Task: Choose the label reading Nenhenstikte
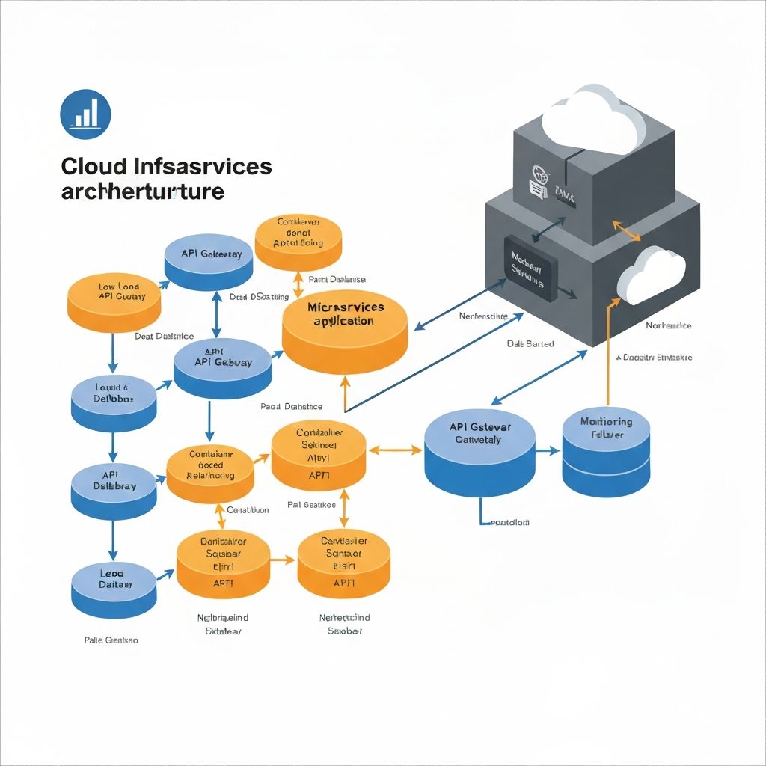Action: [x=483, y=316]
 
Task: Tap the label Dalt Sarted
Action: [x=530, y=343]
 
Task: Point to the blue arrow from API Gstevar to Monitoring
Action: [x=548, y=451]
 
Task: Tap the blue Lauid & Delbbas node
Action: [x=114, y=400]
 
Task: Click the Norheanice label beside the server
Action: [x=668, y=325]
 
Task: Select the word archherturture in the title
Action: [x=142, y=191]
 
